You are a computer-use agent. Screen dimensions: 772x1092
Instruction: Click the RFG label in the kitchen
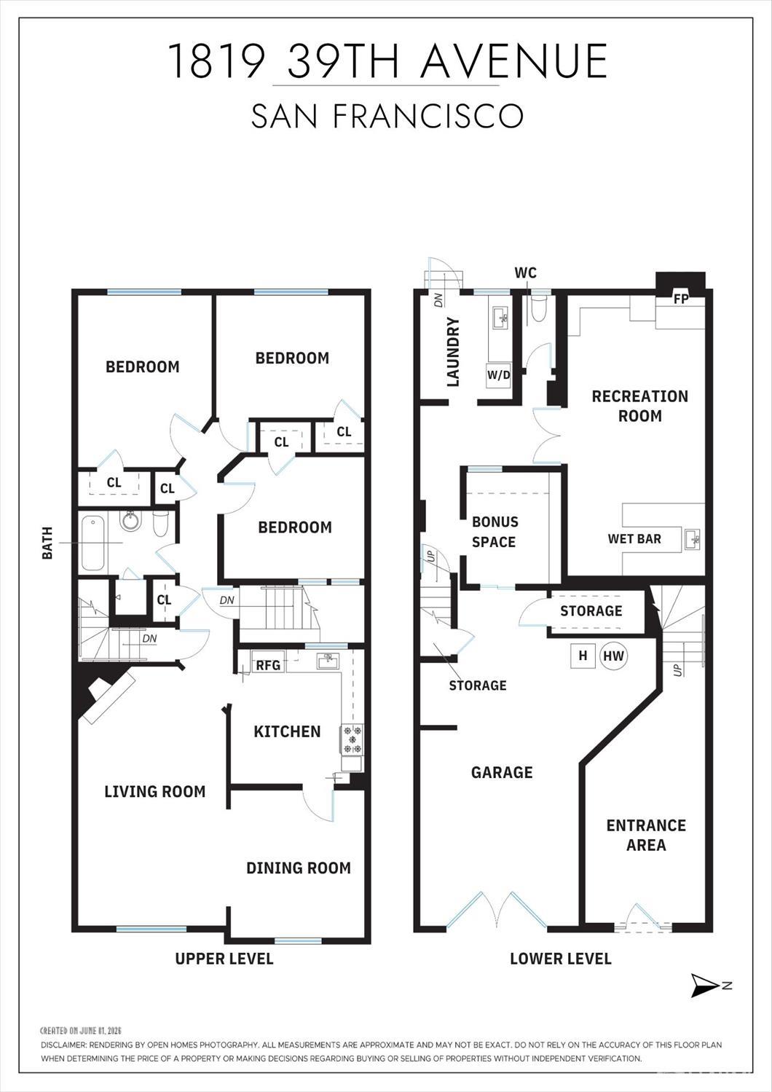tap(268, 665)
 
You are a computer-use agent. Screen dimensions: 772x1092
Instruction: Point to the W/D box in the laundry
tap(499, 375)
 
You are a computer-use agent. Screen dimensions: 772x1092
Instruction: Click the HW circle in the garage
tap(614, 656)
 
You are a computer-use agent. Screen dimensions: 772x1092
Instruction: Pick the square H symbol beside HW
tap(583, 656)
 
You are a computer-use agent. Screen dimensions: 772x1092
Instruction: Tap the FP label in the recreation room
tap(681, 299)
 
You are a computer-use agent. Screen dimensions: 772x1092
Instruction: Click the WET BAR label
tap(634, 538)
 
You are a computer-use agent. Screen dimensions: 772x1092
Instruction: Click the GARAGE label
tap(502, 772)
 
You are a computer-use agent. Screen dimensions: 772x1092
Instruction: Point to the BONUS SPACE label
tap(495, 532)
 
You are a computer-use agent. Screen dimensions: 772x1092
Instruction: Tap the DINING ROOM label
tap(299, 868)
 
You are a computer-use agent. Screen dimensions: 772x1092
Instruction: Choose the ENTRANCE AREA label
tap(646, 835)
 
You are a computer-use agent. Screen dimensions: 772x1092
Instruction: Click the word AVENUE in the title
tap(515, 60)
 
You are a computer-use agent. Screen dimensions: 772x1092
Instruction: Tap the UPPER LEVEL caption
tap(224, 959)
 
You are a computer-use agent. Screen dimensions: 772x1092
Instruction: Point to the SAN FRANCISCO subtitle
tap(387, 116)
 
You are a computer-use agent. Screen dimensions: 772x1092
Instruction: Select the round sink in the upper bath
tap(130, 521)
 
